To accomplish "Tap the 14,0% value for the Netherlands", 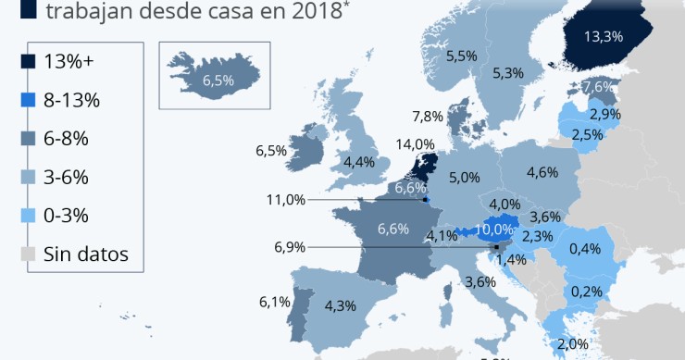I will pyautogui.click(x=415, y=144).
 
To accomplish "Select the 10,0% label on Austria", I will pyautogui.click(x=493, y=229).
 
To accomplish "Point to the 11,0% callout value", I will pyautogui.click(x=285, y=199).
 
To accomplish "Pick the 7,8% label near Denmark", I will pyautogui.click(x=427, y=117).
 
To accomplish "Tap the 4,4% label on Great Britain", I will pyautogui.click(x=358, y=162).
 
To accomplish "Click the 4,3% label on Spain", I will pyautogui.click(x=341, y=306).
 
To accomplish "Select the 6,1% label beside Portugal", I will pyautogui.click(x=276, y=302).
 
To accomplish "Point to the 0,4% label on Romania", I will pyautogui.click(x=585, y=248).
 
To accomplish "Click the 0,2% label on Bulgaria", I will pyautogui.click(x=587, y=291).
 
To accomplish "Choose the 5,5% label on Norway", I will pyautogui.click(x=461, y=56).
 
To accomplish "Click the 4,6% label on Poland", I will pyautogui.click(x=542, y=172).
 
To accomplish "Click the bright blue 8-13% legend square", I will pyautogui.click(x=28, y=100).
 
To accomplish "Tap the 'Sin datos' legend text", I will pyautogui.click(x=85, y=254).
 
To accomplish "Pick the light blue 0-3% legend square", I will pyautogui.click(x=28, y=216).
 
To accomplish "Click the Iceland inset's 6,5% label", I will pyautogui.click(x=218, y=81).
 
